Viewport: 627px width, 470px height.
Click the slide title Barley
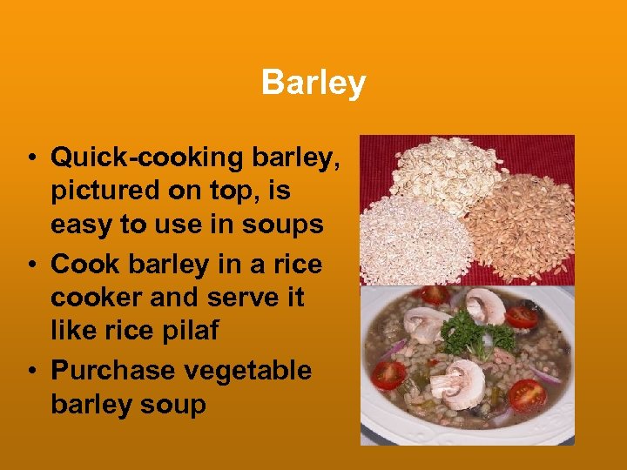(x=313, y=84)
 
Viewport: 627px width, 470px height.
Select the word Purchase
(x=113, y=370)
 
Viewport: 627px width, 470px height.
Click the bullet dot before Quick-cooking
(x=30, y=158)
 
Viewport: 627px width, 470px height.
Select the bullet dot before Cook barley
(x=30, y=265)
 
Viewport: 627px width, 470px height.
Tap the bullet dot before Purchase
(x=30, y=371)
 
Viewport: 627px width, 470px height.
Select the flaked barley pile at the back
(x=444, y=170)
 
